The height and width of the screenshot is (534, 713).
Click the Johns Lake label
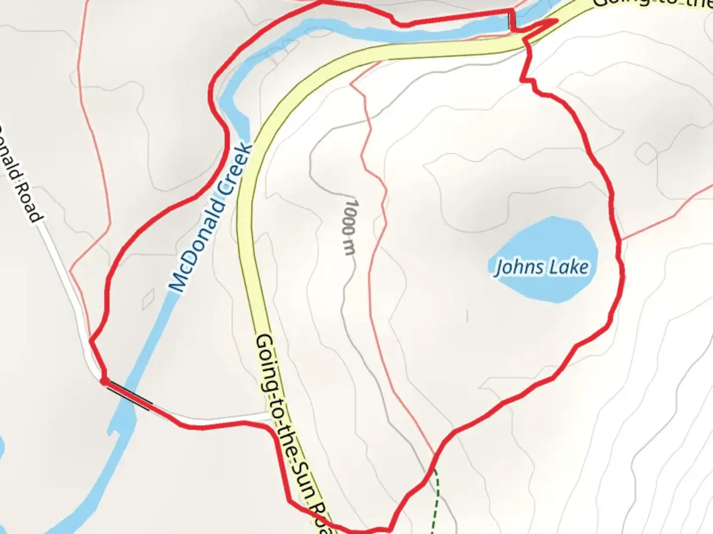[542, 267]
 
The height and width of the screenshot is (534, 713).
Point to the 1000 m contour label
[350, 227]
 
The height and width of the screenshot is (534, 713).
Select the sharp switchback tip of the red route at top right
[557, 20]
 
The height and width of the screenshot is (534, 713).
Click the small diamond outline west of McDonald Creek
[148, 299]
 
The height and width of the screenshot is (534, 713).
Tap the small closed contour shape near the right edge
[646, 154]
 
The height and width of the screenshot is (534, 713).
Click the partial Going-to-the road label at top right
[654, 4]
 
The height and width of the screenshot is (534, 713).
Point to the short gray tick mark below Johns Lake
[467, 315]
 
